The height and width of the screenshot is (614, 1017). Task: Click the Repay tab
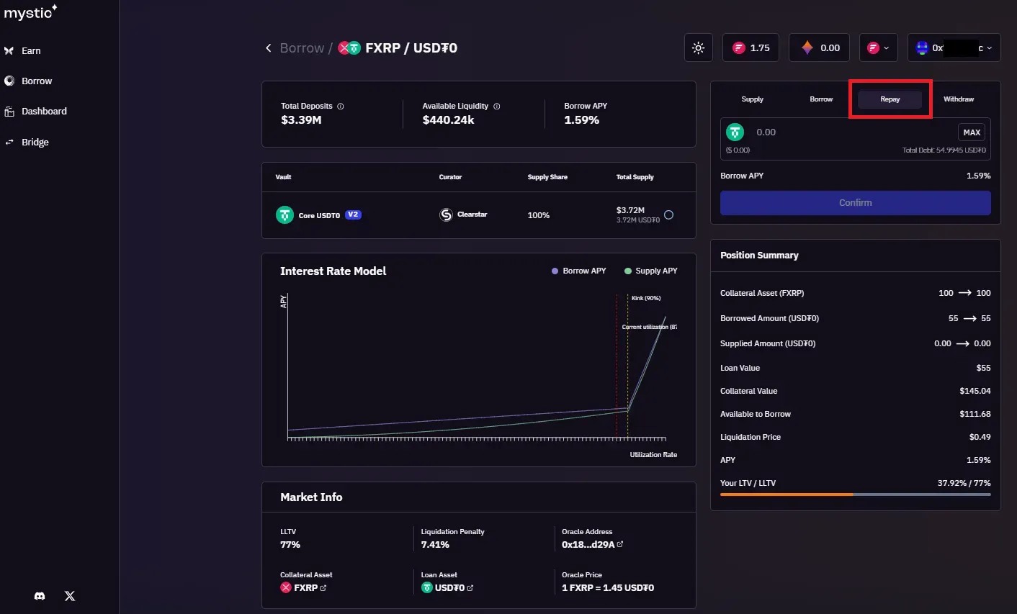pos(890,99)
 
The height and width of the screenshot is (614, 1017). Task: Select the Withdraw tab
pos(958,99)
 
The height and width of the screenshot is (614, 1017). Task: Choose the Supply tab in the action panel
pos(752,99)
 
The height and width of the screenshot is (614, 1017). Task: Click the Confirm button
pos(855,203)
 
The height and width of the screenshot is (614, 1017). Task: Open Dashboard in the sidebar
pos(44,112)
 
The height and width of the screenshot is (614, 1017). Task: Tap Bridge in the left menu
pos(35,143)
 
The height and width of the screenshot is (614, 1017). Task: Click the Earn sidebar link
pos(31,51)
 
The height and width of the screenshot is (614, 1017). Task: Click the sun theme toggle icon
pos(698,48)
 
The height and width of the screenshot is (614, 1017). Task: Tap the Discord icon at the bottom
pos(40,596)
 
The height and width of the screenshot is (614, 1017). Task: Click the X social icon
pos(70,596)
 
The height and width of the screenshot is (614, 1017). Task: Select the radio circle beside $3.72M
pos(668,215)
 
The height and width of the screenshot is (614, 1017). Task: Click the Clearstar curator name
pos(472,215)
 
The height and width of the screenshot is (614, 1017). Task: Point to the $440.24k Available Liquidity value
pos(448,120)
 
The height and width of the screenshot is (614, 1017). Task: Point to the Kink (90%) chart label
pos(646,298)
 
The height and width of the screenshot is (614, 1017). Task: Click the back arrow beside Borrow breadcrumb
pos(268,48)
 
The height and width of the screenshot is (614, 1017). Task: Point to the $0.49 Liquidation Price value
pos(980,437)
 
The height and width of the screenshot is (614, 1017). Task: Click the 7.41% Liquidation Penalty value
pos(435,545)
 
